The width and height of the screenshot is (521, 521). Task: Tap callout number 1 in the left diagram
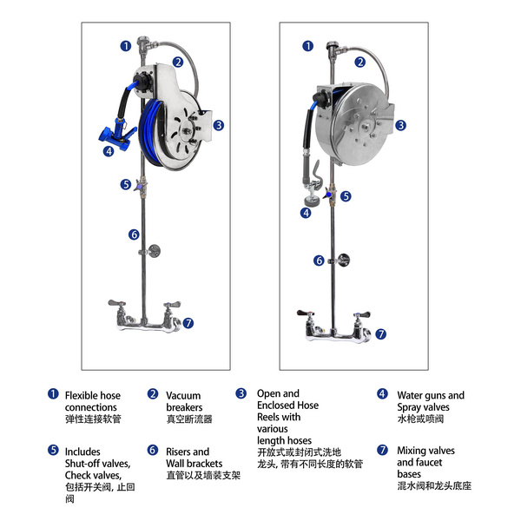(126, 46)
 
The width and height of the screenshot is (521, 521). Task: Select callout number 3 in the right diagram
(400, 125)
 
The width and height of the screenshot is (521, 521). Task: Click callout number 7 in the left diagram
(188, 323)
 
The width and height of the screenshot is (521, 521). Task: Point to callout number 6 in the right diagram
(320, 260)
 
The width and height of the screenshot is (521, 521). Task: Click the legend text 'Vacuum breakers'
(184, 401)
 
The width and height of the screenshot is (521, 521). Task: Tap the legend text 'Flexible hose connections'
(92, 401)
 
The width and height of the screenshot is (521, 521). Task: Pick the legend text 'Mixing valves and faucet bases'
(425, 463)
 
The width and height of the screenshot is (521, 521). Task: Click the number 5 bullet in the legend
(53, 451)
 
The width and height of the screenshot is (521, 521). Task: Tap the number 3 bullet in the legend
(241, 393)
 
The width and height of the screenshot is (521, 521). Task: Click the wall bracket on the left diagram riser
(152, 251)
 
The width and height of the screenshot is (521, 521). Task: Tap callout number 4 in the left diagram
(109, 150)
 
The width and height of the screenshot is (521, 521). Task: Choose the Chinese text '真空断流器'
(189, 419)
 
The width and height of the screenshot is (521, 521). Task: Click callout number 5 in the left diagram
(126, 184)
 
